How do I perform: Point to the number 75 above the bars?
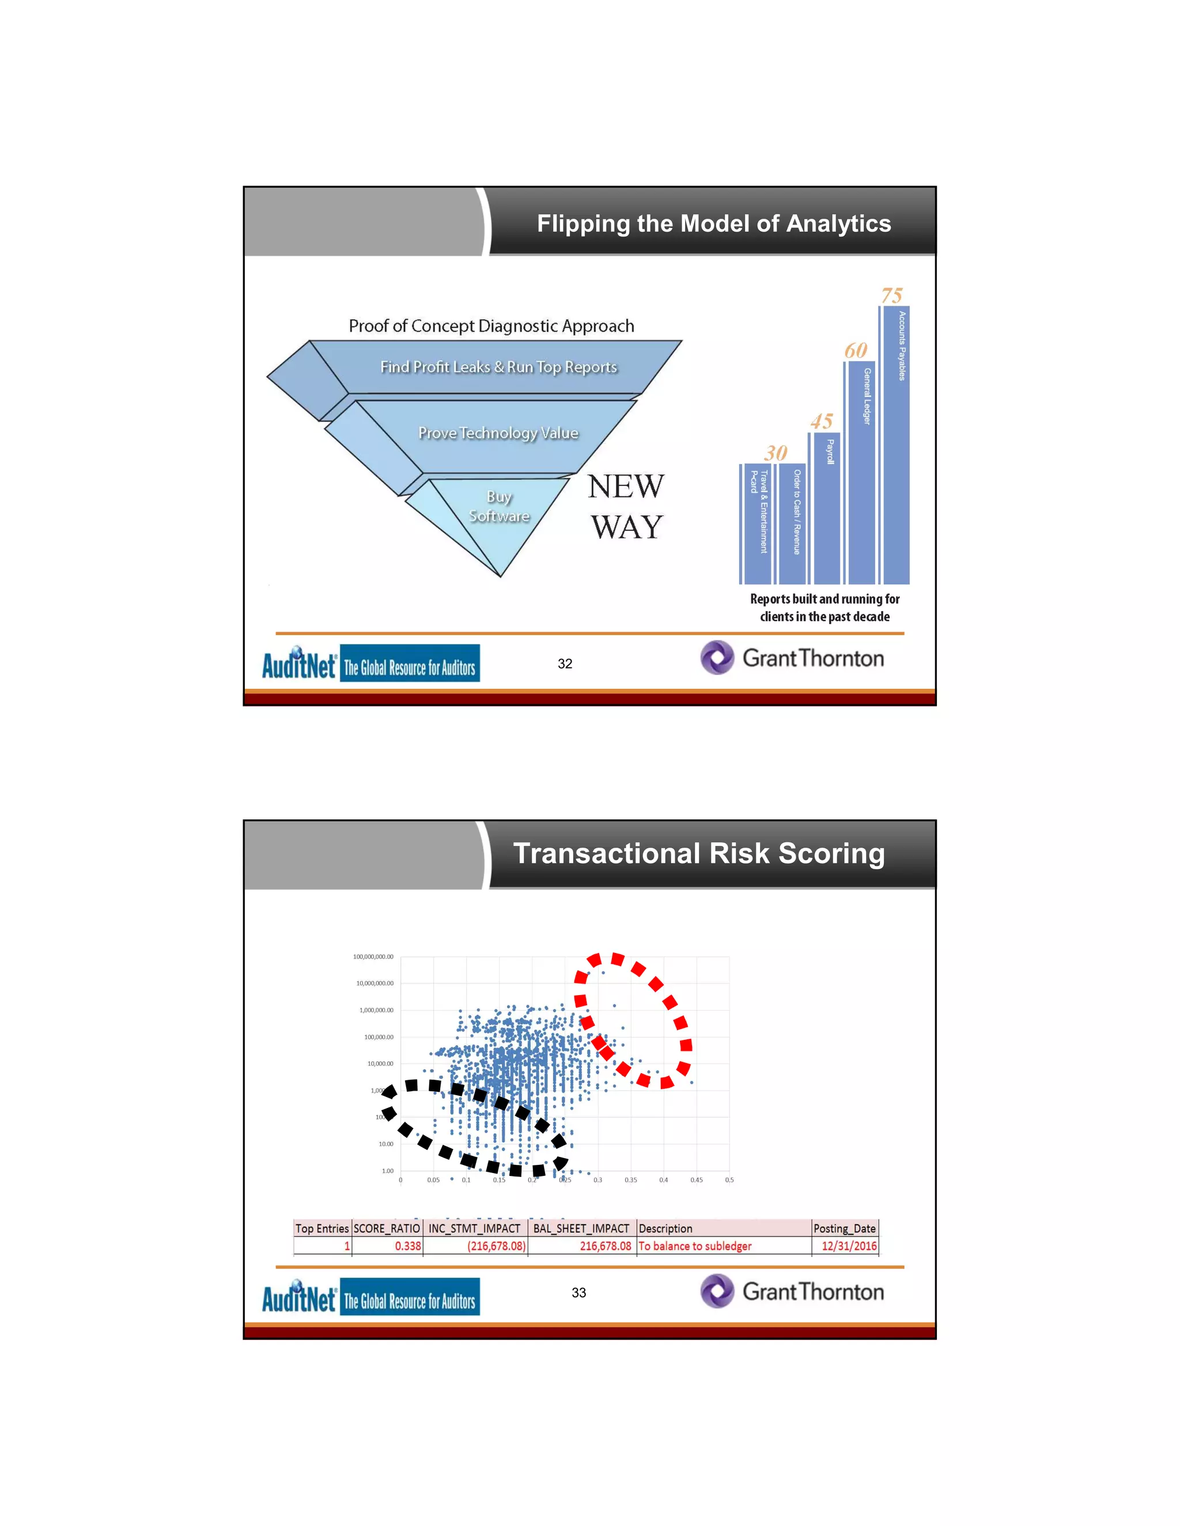coord(892,295)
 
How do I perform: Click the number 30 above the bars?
coord(776,453)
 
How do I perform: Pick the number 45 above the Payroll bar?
coord(822,422)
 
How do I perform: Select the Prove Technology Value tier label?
coord(498,433)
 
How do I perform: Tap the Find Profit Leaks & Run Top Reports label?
coord(498,367)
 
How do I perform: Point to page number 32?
coord(565,664)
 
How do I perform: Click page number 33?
coord(579,1293)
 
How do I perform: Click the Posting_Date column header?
coord(845,1228)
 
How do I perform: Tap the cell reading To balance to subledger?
coord(695,1246)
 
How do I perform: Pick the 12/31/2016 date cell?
coord(849,1246)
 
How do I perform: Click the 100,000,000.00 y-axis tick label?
coord(373,956)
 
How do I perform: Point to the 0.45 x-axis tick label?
coord(696,1180)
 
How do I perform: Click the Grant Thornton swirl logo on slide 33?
coord(717,1291)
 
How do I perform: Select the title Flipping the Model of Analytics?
coord(714,223)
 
